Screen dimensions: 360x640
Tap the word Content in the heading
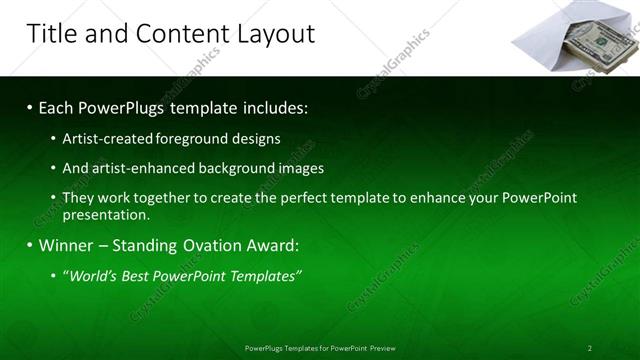[175, 34]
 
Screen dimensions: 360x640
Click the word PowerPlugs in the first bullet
[124, 106]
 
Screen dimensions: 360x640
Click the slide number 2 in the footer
[589, 348]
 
